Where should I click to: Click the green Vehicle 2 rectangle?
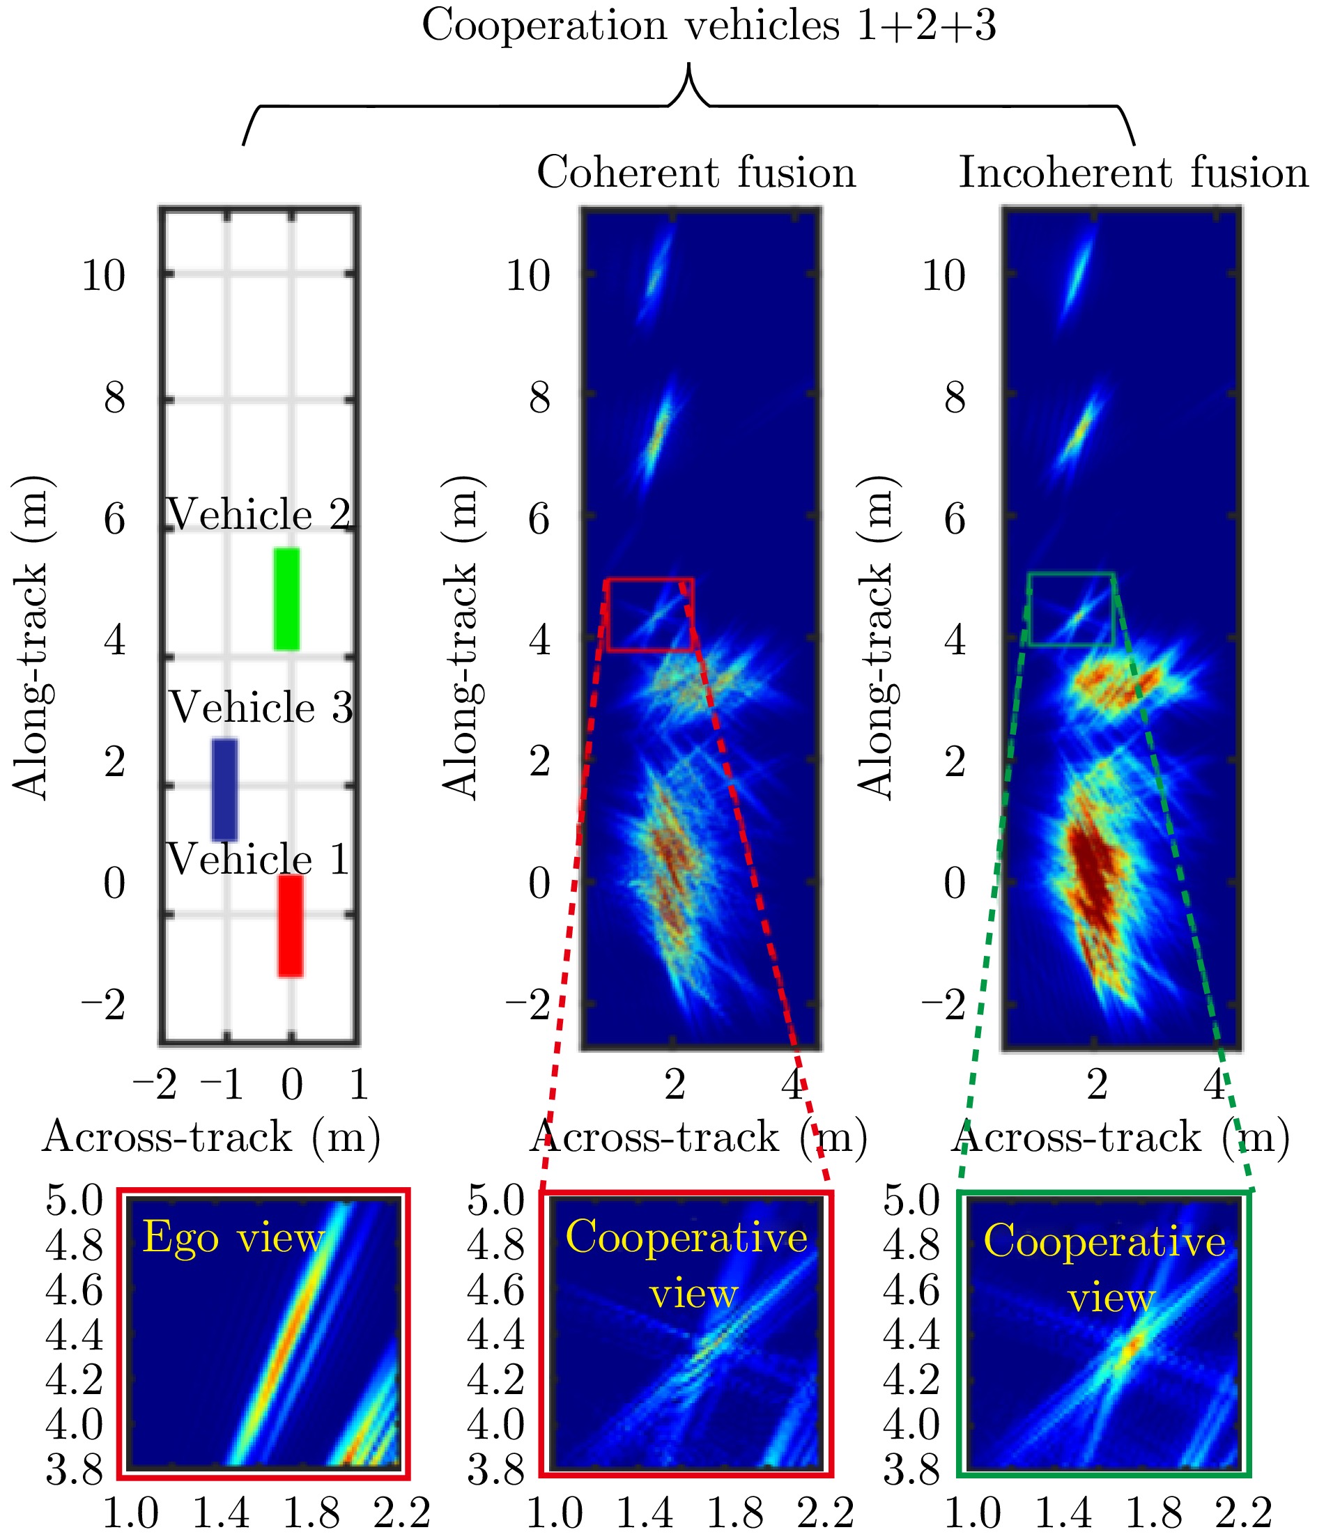[286, 598]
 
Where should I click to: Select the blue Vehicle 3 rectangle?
[224, 789]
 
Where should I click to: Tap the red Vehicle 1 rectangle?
[291, 925]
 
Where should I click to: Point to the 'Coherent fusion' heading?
[696, 173]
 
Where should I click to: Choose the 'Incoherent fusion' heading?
[1133, 173]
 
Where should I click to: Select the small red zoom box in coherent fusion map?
[650, 615]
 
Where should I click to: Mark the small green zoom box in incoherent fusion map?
[1071, 609]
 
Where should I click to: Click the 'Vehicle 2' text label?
[259, 514]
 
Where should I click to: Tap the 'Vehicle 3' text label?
[261, 706]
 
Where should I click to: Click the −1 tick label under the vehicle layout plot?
[222, 1086]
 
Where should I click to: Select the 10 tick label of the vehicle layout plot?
[103, 276]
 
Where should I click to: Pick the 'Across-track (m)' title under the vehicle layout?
[211, 1137]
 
